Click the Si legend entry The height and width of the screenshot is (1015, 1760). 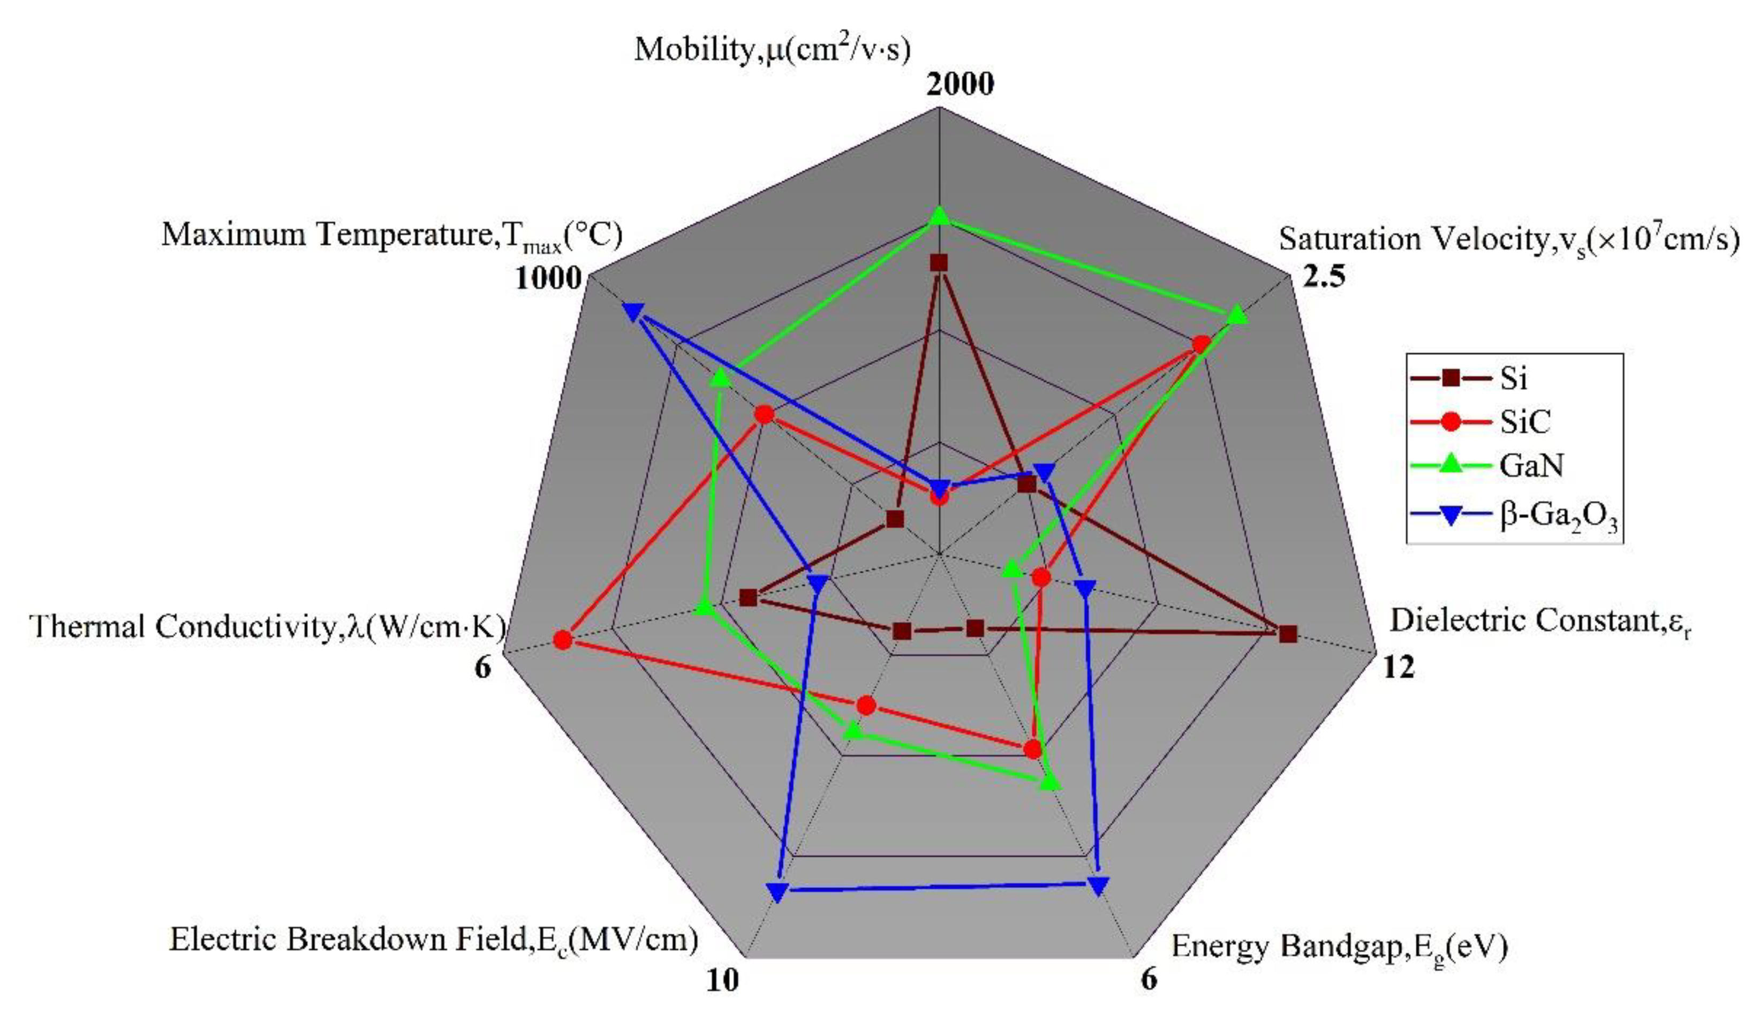pos(1513,378)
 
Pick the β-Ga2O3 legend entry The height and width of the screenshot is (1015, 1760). pos(1558,517)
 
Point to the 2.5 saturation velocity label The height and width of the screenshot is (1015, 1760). pos(1324,277)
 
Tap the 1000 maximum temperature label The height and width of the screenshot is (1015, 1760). pos(548,279)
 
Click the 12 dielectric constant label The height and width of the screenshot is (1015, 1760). pos(1398,667)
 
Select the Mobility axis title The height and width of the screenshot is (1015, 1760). pos(772,49)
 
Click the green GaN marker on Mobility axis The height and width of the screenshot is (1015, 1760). pos(940,217)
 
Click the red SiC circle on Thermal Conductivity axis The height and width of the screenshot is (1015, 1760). pos(563,640)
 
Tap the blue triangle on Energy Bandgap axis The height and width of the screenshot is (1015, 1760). pos(1097,886)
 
